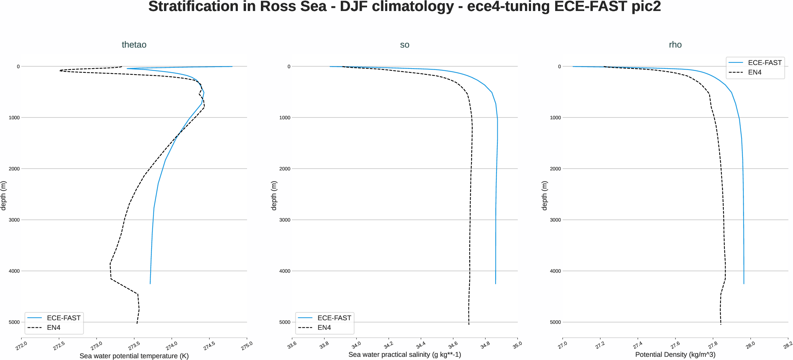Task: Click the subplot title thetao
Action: tap(134, 45)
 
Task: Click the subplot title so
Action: tap(404, 45)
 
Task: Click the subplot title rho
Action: tap(675, 45)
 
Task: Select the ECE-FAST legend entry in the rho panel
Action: tap(764, 62)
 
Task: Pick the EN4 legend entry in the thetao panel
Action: tap(54, 327)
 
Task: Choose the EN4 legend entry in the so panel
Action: tap(324, 327)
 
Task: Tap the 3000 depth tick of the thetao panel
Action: tap(14, 220)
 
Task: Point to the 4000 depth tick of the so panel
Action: tap(285, 271)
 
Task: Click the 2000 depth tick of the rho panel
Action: tap(555, 169)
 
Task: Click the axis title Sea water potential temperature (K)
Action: tap(134, 356)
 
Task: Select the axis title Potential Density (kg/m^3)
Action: tap(675, 354)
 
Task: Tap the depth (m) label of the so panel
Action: tap(274, 195)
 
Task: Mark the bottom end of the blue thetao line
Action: tap(150, 283)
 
